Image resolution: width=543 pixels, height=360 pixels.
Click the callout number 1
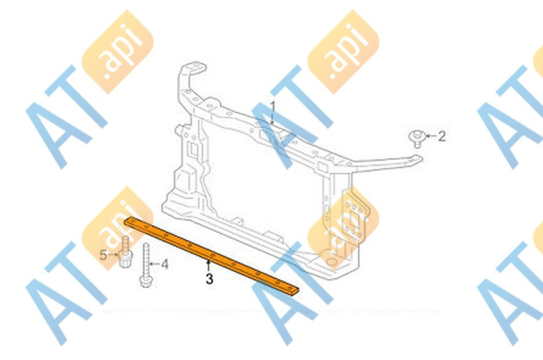(x=273, y=106)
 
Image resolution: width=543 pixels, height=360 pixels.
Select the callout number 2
(x=441, y=137)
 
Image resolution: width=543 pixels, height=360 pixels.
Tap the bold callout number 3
(x=209, y=278)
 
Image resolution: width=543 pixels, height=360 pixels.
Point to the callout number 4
(x=165, y=265)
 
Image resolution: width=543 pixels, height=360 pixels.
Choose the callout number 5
(x=103, y=255)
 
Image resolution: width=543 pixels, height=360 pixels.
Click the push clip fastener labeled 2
(x=417, y=138)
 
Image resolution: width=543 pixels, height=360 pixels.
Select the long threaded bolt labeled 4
(x=146, y=265)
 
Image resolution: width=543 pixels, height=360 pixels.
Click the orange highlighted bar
(x=212, y=256)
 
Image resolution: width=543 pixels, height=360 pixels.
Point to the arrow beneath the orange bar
(x=208, y=266)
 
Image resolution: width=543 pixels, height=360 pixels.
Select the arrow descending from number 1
(x=273, y=118)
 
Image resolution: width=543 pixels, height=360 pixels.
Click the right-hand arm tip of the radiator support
(x=417, y=159)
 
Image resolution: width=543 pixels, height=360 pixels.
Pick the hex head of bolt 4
(x=146, y=281)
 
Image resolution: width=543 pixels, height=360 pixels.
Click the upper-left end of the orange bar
(x=127, y=221)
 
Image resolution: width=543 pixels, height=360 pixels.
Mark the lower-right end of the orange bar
(x=297, y=291)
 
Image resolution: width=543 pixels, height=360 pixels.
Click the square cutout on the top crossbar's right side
(x=322, y=166)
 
